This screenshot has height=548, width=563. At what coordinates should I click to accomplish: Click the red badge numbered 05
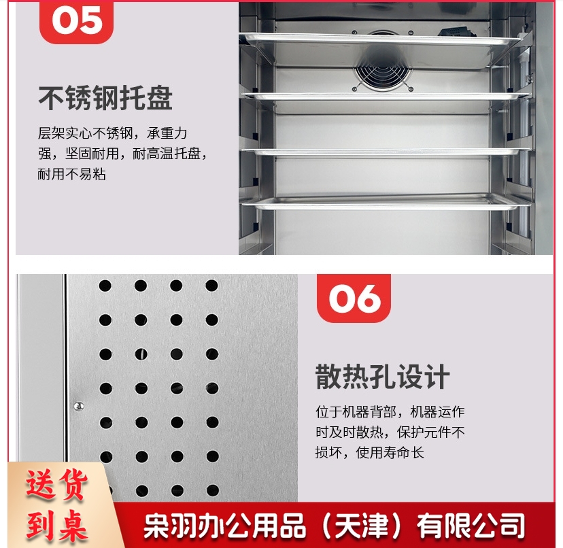76,22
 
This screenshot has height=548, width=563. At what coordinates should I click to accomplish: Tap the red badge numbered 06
354,298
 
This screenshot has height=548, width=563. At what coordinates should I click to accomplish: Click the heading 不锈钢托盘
105,98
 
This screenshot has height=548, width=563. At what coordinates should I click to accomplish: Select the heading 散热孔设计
382,377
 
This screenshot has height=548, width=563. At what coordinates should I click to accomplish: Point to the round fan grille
382,72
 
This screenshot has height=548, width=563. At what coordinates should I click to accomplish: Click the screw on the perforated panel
79,406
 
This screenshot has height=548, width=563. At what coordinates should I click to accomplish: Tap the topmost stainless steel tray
381,39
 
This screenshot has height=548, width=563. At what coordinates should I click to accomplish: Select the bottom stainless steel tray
386,202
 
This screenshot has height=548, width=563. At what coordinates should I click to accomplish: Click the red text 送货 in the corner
56,485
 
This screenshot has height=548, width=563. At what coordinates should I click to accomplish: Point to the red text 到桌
56,525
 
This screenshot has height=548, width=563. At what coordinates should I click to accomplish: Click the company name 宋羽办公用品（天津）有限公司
334,526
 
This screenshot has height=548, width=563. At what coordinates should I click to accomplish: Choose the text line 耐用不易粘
72,174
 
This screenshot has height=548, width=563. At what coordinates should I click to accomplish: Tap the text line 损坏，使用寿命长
369,453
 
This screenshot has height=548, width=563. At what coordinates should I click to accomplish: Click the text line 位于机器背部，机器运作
390,411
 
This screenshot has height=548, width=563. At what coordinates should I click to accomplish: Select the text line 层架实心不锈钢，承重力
112,133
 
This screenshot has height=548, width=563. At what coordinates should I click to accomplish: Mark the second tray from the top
386,97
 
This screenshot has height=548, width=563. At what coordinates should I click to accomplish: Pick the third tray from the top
386,152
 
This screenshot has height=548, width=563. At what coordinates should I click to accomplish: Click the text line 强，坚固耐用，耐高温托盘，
122,154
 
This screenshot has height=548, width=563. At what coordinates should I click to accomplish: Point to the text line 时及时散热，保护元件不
390,432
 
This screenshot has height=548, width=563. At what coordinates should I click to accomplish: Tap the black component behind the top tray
457,31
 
